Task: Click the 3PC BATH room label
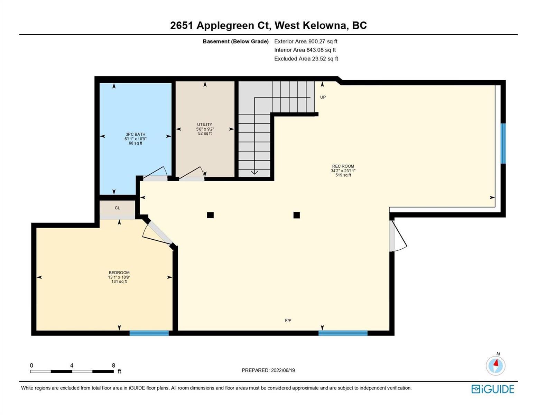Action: [x=135, y=134]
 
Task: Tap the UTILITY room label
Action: [x=204, y=124]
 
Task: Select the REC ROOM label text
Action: [x=343, y=166]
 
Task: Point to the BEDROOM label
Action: [x=119, y=273]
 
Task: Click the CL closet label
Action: [x=117, y=208]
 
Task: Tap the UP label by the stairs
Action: [x=323, y=97]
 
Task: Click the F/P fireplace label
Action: [x=288, y=320]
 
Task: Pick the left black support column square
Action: [x=210, y=215]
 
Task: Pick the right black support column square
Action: [x=296, y=215]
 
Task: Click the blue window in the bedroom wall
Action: [x=149, y=333]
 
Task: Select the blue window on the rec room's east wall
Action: [x=503, y=144]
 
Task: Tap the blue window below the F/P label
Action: [x=343, y=333]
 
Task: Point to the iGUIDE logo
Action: [x=492, y=389]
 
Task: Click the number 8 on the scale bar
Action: [x=113, y=365]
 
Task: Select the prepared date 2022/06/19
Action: [x=283, y=370]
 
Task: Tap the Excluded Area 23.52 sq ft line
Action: [x=306, y=58]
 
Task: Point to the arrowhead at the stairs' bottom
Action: [x=254, y=172]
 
